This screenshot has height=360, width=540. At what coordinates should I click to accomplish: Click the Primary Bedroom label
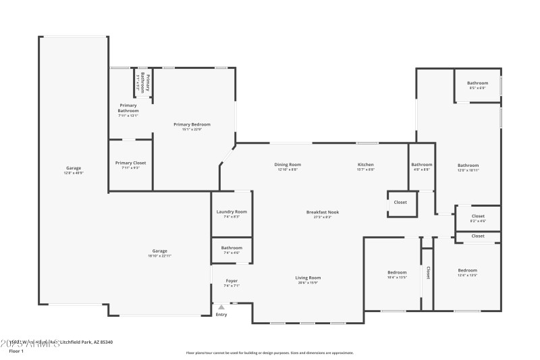click(192, 124)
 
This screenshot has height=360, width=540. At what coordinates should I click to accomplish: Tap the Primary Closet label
click(130, 163)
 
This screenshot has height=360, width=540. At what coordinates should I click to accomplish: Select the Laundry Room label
click(232, 211)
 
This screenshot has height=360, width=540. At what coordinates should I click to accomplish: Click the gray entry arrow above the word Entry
click(221, 307)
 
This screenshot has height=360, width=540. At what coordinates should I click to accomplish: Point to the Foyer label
click(232, 280)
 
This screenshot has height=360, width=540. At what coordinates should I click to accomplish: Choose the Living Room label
click(308, 278)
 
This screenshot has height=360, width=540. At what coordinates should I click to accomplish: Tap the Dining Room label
click(288, 165)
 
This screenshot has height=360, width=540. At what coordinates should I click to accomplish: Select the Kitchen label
click(366, 165)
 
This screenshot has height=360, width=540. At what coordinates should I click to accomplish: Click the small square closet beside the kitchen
click(401, 203)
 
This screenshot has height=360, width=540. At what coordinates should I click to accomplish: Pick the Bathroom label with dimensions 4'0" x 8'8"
click(422, 165)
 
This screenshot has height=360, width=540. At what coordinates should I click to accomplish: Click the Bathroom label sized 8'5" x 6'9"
click(478, 83)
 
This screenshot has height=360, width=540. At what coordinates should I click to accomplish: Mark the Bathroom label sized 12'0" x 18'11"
click(468, 165)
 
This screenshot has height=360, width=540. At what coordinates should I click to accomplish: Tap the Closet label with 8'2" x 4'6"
click(478, 216)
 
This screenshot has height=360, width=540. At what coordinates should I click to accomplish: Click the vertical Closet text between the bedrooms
click(428, 272)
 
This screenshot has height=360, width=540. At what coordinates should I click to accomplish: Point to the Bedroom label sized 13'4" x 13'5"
click(467, 270)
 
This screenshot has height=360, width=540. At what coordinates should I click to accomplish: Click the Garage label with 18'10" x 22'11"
click(159, 251)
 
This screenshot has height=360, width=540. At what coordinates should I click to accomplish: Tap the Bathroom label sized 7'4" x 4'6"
click(232, 249)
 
